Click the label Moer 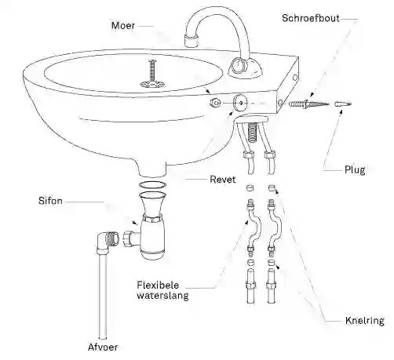pyautogui.click(x=123, y=26)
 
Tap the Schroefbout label pyautogui.click(x=311, y=18)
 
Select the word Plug pyautogui.click(x=355, y=170)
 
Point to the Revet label pyautogui.click(x=223, y=180)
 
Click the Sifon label pyautogui.click(x=50, y=201)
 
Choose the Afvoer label pyautogui.click(x=103, y=347)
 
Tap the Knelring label pyautogui.click(x=365, y=321)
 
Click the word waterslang pyautogui.click(x=162, y=296)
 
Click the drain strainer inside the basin pyautogui.click(x=152, y=84)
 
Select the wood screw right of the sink pyautogui.click(x=308, y=104)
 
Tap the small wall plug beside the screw pyautogui.click(x=343, y=104)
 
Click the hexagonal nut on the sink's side pyautogui.click(x=216, y=103)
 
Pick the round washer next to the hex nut pyautogui.click(x=241, y=103)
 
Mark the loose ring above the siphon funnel pyautogui.click(x=152, y=185)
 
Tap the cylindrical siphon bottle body pyautogui.click(x=152, y=239)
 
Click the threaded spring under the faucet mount pyautogui.click(x=252, y=133)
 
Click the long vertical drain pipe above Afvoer pyautogui.click(x=103, y=296)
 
